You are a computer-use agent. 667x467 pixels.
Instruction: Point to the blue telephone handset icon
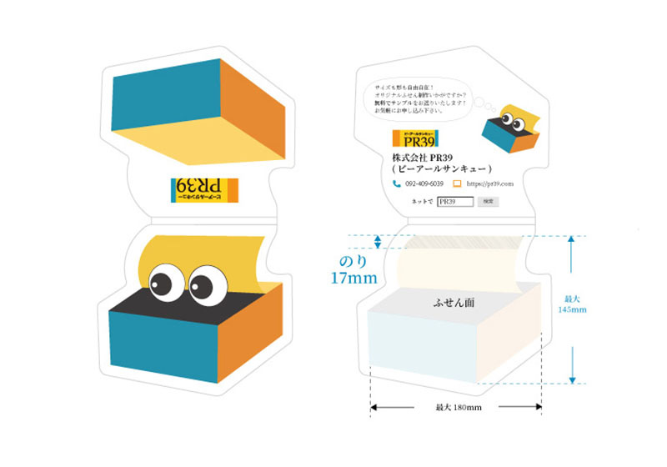coord(397,183)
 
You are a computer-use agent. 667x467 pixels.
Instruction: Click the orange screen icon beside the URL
coord(457,183)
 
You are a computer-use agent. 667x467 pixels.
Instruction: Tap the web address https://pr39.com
coord(490,183)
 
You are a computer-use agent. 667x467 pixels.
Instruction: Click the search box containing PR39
coord(455,202)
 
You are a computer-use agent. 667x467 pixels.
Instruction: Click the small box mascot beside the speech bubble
coord(511,128)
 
